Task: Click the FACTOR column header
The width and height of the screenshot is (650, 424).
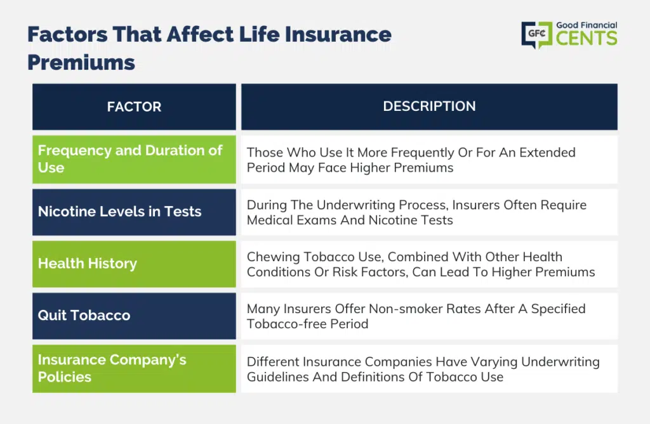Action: pos(134,107)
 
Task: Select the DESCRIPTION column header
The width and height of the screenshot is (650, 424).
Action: pos(429,106)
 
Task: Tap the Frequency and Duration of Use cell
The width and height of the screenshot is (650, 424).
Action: pos(134,159)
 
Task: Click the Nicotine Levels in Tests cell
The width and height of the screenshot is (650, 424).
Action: pos(134,212)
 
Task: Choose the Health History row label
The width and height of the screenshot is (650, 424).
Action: pos(88,264)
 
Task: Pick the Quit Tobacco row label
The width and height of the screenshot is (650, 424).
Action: pos(84,316)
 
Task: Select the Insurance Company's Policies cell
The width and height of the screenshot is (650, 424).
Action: pos(134,368)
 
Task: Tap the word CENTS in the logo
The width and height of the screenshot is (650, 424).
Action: pos(586,39)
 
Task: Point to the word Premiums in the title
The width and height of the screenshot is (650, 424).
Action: pos(81,62)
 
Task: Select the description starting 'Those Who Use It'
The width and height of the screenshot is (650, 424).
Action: pos(411,160)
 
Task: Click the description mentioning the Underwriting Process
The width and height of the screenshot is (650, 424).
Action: pos(416,212)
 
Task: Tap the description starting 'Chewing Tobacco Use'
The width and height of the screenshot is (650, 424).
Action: pos(420,264)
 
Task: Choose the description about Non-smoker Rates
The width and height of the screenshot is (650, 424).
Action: pos(416,316)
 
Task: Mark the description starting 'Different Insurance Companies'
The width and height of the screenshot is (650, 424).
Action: pos(423,369)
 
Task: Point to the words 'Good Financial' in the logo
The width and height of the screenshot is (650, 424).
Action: pos(587,25)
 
